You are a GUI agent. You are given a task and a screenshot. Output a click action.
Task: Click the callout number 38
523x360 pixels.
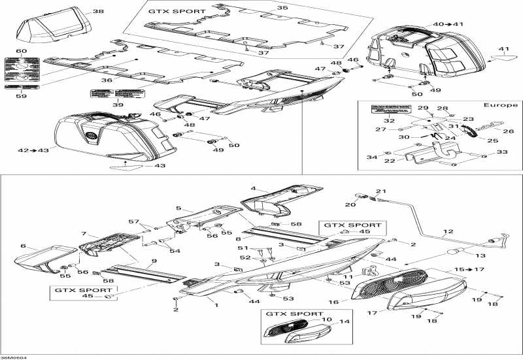pyautogui.click(x=98, y=12)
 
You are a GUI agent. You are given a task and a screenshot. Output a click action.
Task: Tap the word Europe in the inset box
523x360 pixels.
pyautogui.click(x=500, y=105)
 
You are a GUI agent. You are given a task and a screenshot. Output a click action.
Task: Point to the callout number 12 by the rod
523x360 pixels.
pyautogui.click(x=448, y=232)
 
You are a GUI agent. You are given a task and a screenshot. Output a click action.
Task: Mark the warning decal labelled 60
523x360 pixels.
pyautogui.click(x=22, y=64)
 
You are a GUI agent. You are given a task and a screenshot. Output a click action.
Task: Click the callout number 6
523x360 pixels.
pyautogui.click(x=23, y=246)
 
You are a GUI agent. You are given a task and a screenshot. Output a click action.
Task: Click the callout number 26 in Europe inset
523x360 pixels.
pyautogui.click(x=508, y=131)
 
